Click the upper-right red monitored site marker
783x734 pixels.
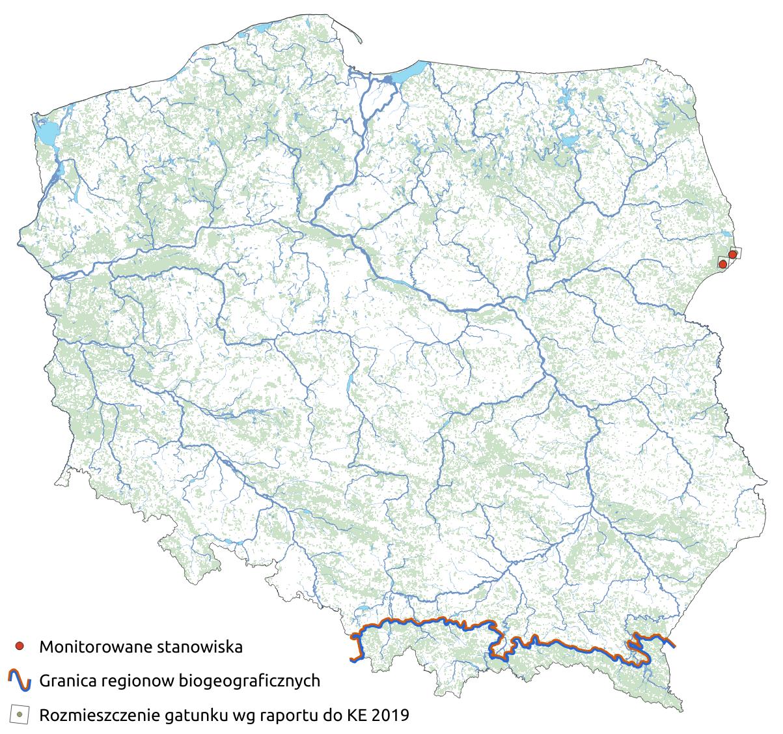coord(732,254)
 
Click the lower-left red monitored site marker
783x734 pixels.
coord(722,263)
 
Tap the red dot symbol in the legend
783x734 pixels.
coord(20,647)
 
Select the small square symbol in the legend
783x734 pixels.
coord(20,715)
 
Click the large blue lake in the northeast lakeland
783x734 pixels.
coord(570,141)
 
